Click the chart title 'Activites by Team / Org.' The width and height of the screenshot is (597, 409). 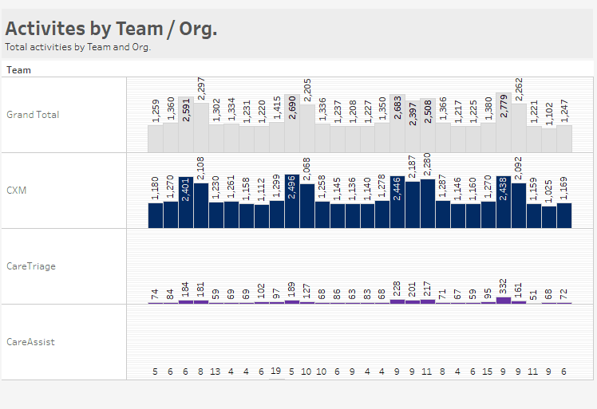coord(111,29)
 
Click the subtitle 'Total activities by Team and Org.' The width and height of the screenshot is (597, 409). coord(77,47)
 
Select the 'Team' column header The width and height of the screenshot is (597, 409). coord(19,70)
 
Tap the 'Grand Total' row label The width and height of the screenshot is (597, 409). coord(33,115)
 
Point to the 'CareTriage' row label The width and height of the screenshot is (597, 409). coord(31,266)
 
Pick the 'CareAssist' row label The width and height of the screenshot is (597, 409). coord(31,342)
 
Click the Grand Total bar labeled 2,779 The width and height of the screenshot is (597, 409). coord(504,136)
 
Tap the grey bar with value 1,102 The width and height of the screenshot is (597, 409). coord(549,140)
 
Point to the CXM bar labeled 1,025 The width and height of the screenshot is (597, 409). coord(549,217)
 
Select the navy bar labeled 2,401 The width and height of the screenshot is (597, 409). coord(186,206)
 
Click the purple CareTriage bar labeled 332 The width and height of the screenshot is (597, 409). coord(504,301)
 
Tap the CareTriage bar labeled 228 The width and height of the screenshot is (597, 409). coord(397,301)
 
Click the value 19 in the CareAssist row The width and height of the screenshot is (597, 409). coord(276,371)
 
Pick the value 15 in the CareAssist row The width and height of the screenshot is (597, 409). coord(488,371)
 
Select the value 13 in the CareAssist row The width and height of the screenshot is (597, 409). coord(215,371)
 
